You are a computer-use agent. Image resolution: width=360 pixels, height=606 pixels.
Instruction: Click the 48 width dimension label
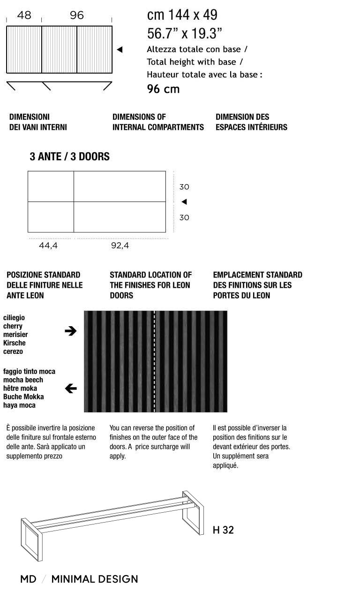pyautogui.click(x=24, y=15)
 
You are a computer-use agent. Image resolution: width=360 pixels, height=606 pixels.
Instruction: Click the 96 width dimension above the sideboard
pyautogui.click(x=77, y=15)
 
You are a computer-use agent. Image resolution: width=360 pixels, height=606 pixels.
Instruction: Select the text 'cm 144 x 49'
pyautogui.click(x=182, y=15)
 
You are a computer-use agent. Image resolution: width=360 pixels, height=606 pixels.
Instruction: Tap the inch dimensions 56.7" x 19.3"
pyautogui.click(x=184, y=33)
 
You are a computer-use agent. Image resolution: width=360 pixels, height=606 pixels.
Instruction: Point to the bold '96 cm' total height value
pyautogui.click(x=163, y=89)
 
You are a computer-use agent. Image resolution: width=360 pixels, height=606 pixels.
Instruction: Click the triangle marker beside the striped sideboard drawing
pyautogui.click(x=120, y=50)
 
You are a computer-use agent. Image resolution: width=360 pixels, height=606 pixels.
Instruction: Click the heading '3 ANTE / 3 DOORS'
pyautogui.click(x=69, y=157)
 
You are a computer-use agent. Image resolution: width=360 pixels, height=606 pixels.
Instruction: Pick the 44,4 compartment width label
pyautogui.click(x=48, y=246)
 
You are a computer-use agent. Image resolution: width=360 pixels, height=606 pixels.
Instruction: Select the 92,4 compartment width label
pyautogui.click(x=120, y=246)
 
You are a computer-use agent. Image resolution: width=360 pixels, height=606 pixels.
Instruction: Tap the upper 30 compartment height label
pyautogui.click(x=184, y=187)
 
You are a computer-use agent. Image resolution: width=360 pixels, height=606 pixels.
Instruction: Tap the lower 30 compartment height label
pyautogui.click(x=184, y=217)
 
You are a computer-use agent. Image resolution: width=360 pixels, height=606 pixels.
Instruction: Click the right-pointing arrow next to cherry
pyautogui.click(x=70, y=331)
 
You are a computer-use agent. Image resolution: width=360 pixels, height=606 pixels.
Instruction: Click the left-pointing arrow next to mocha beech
pyautogui.click(x=71, y=388)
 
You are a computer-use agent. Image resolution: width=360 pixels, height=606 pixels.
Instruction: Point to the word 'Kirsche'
pyautogui.click(x=15, y=343)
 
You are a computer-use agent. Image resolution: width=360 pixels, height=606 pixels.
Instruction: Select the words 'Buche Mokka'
pyautogui.click(x=23, y=397)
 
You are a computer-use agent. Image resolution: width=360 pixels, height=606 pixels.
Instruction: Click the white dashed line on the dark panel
pyautogui.click(x=155, y=361)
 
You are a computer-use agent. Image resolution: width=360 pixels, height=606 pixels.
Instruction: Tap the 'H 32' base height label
pyautogui.click(x=223, y=530)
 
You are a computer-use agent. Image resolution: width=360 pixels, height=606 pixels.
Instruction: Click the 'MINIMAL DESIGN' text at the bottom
pyautogui.click(x=94, y=579)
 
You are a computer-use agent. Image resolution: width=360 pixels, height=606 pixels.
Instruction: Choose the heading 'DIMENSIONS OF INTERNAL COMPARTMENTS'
pyautogui.click(x=158, y=122)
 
